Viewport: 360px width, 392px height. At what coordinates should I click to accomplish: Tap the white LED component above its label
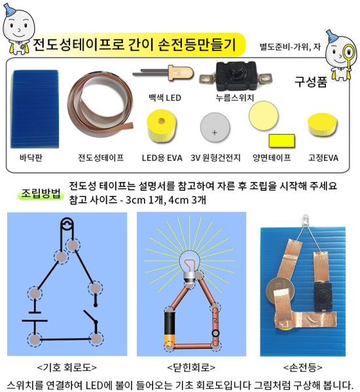[164, 73]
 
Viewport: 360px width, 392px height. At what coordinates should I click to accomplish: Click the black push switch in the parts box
[236, 77]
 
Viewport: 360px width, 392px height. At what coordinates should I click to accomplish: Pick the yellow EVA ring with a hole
[162, 126]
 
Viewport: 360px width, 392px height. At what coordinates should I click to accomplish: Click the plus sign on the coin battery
[214, 132]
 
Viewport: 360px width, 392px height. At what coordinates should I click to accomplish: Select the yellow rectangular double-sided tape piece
[281, 141]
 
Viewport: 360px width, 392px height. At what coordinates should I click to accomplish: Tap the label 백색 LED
[165, 98]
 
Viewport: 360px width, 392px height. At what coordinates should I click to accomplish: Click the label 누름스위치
[235, 98]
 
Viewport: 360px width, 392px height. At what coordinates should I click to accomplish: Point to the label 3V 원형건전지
[215, 158]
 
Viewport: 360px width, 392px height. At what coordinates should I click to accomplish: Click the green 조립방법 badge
[41, 193]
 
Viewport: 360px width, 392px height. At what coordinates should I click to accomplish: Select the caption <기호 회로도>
[67, 368]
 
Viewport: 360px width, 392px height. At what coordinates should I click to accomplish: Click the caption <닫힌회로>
[191, 368]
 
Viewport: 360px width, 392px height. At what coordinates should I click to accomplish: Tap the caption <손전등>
[303, 368]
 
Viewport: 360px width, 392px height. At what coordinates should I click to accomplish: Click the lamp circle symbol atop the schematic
[67, 224]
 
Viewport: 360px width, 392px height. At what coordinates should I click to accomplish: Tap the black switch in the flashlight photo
[323, 296]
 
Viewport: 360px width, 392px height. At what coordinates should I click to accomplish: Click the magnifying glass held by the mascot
[349, 54]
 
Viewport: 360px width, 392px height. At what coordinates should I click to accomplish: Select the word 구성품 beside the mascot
[311, 82]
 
